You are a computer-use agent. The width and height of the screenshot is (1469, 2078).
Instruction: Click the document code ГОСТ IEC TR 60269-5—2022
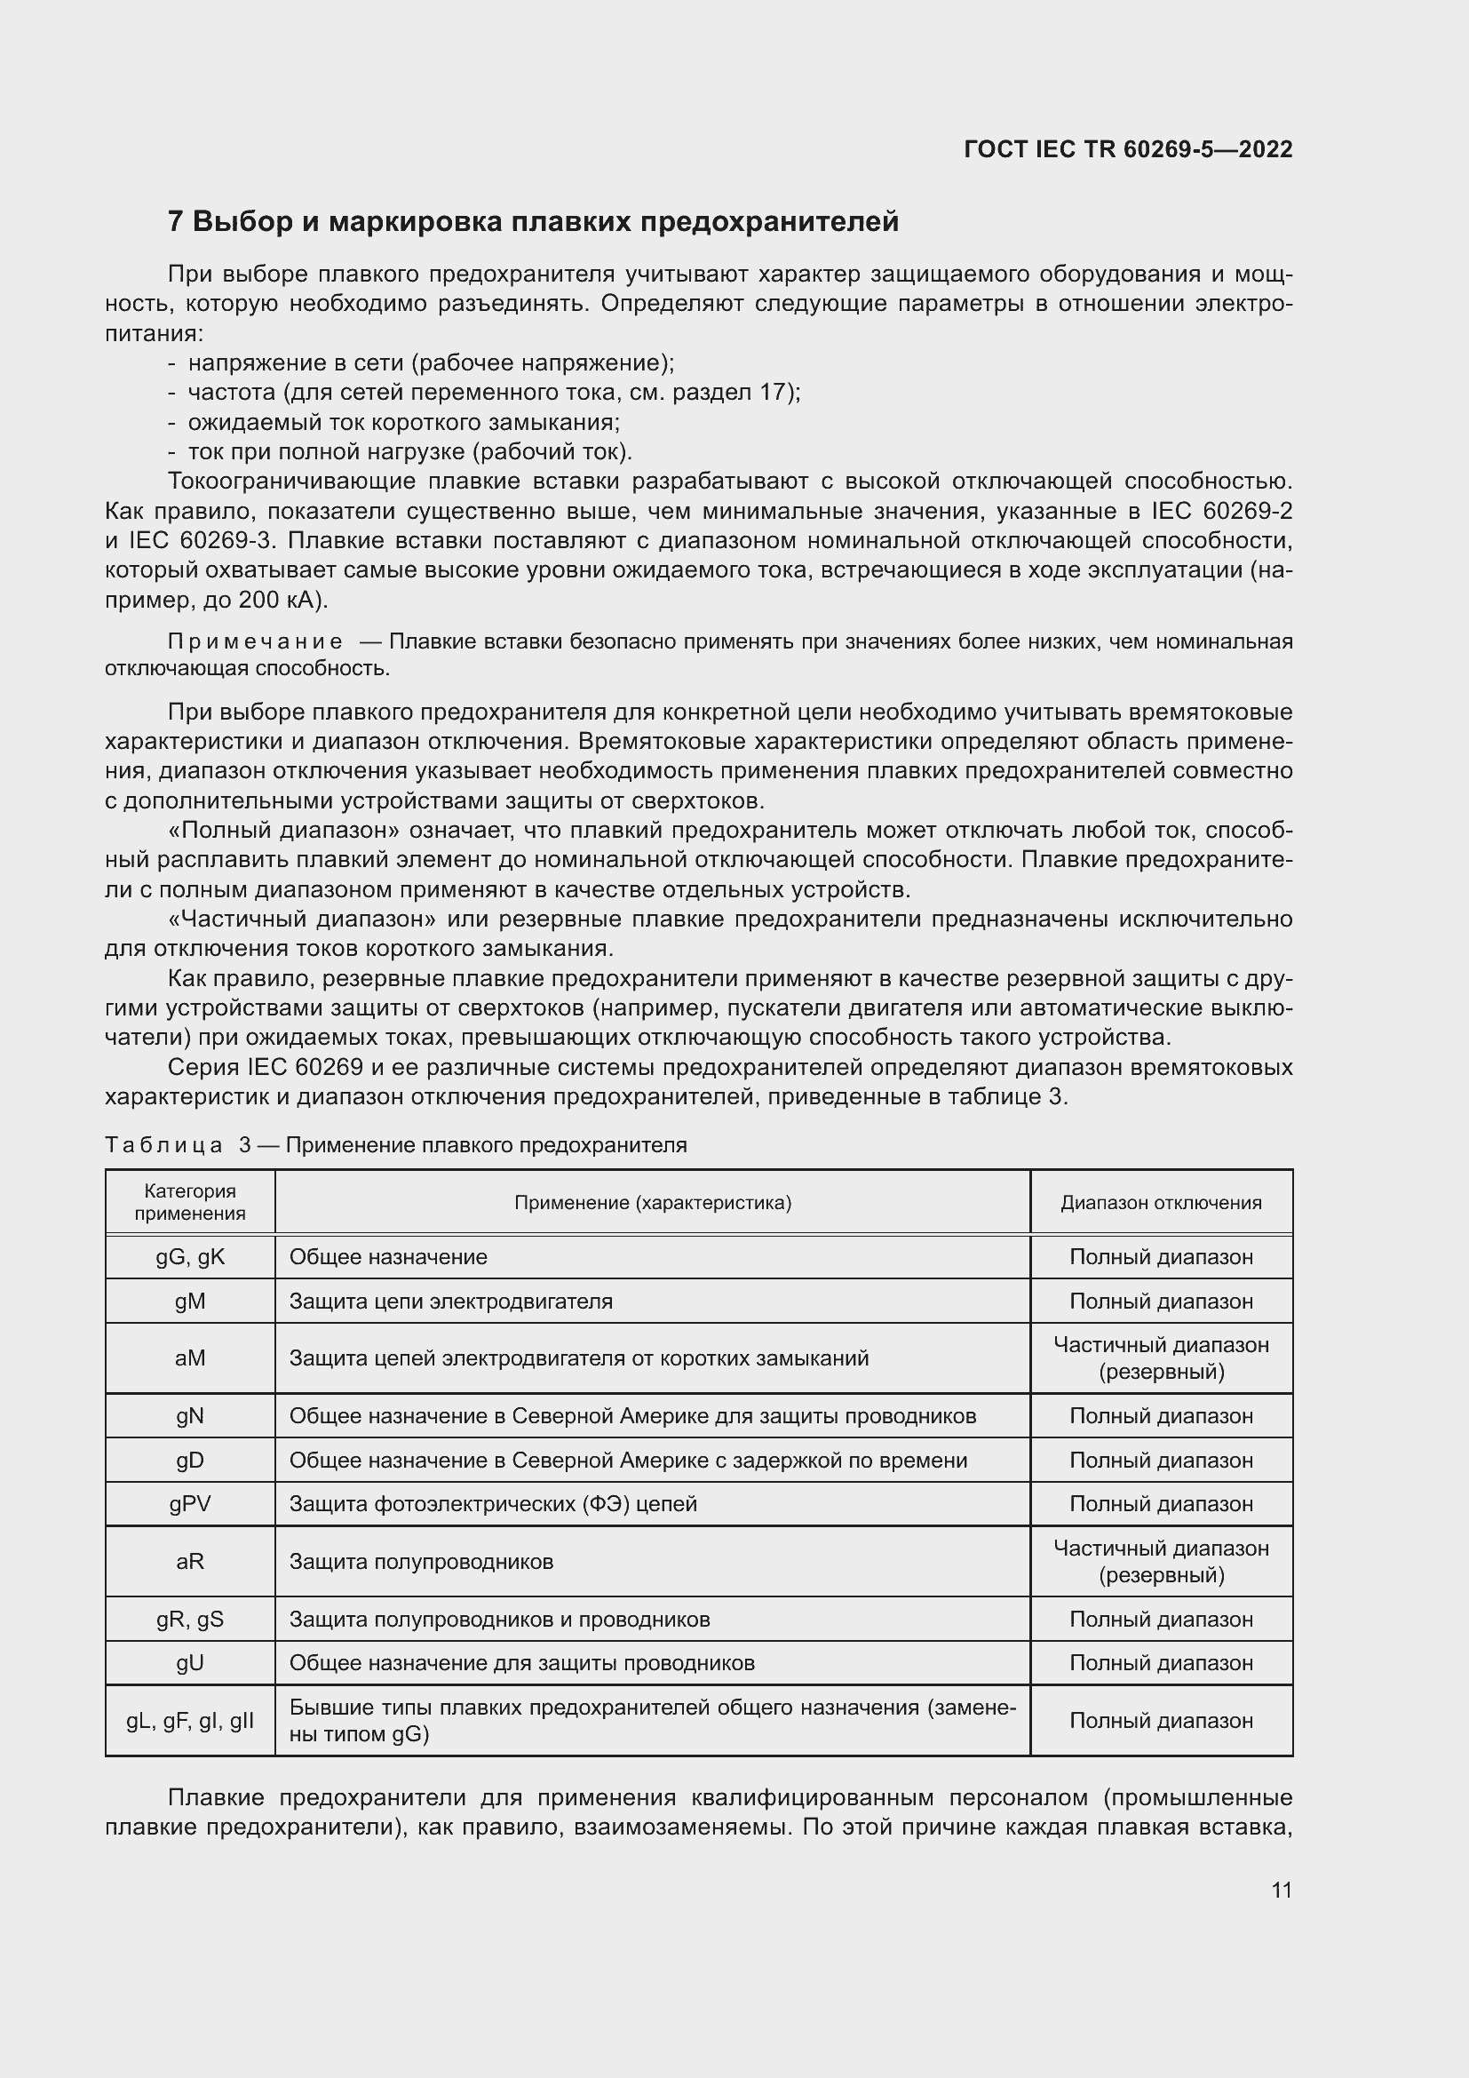pyautogui.click(x=1127, y=149)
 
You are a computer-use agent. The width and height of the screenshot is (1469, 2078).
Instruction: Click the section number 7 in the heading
pyautogui.click(x=176, y=222)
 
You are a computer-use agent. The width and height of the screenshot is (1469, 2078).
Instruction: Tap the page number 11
pyautogui.click(x=1281, y=1890)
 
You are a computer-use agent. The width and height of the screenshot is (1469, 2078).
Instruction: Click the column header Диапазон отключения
pyautogui.click(x=1161, y=1203)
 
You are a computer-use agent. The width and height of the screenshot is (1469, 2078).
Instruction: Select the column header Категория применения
pyautogui.click(x=190, y=1202)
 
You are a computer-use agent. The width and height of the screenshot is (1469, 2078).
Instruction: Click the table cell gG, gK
pyautogui.click(x=190, y=1257)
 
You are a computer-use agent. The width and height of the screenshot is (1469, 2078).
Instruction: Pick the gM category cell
pyautogui.click(x=190, y=1302)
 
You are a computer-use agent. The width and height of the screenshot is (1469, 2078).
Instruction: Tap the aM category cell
pyautogui.click(x=190, y=1357)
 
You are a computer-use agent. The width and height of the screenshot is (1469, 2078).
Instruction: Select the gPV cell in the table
pyautogui.click(x=190, y=1504)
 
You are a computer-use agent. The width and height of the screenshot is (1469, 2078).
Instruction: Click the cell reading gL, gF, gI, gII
pyautogui.click(x=190, y=1721)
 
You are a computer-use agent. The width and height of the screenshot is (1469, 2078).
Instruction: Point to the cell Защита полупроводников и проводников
pyautogui.click(x=499, y=1620)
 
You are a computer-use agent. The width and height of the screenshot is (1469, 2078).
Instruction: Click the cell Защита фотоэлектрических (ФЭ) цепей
pyautogui.click(x=493, y=1504)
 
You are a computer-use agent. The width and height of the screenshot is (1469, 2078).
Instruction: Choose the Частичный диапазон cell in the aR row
pyautogui.click(x=1161, y=1561)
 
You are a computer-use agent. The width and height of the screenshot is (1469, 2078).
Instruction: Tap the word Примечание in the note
pyautogui.click(x=255, y=641)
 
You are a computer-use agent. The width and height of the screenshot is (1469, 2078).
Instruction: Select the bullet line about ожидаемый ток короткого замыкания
pyautogui.click(x=403, y=423)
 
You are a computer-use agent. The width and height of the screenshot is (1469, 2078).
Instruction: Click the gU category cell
pyautogui.click(x=190, y=1663)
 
